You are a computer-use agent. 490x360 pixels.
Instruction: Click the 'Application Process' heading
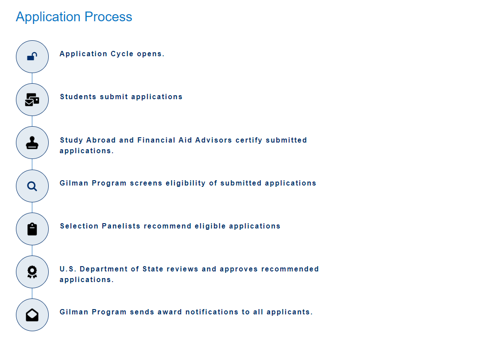tap(74, 17)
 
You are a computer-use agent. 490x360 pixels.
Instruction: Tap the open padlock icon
tap(32, 56)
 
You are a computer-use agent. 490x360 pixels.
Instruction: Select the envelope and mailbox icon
tap(32, 100)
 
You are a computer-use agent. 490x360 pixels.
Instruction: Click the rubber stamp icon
tap(32, 143)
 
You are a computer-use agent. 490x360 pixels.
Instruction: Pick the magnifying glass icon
tap(32, 186)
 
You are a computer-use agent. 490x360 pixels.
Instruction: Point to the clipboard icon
tap(32, 229)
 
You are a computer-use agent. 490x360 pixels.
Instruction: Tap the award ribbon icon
tap(32, 272)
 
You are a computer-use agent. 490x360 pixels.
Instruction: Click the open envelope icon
tap(32, 315)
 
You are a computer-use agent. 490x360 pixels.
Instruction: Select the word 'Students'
tap(78, 97)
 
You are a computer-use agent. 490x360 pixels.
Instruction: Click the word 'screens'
tap(146, 183)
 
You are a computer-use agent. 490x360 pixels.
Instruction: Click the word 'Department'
tap(104, 269)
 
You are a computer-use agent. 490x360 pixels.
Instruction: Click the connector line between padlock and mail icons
tap(32, 78)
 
